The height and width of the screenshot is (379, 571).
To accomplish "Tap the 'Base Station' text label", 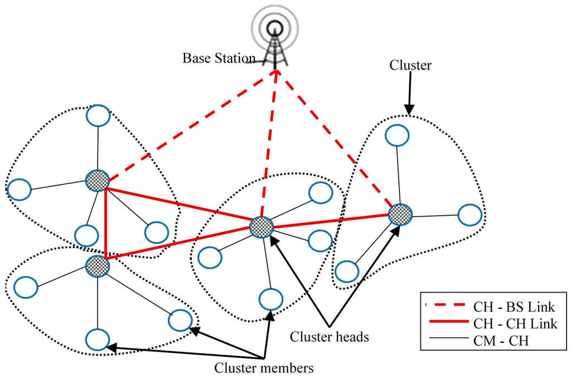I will click(219, 58).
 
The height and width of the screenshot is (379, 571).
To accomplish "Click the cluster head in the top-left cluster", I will click(97, 179).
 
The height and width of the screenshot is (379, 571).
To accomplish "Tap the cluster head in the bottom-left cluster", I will click(98, 265).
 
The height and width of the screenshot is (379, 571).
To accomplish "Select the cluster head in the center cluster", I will click(261, 226).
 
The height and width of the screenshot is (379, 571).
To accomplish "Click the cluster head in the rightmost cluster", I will click(400, 214).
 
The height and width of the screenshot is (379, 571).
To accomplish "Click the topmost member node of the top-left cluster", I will click(98, 115).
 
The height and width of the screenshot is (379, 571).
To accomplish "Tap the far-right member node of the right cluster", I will click(470, 215).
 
